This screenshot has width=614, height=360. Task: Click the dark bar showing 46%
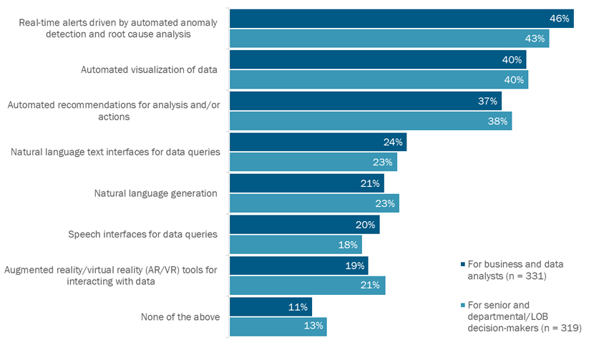click(x=401, y=19)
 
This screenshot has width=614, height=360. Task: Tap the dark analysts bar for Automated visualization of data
click(x=377, y=59)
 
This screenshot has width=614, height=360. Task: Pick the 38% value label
click(x=497, y=121)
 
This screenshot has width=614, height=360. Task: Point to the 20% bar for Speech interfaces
click(x=304, y=224)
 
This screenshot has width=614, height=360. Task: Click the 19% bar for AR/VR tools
click(x=298, y=265)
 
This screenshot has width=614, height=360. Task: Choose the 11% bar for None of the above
click(x=271, y=306)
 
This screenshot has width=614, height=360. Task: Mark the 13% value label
click(x=314, y=326)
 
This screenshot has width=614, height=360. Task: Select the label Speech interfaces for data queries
click(x=142, y=234)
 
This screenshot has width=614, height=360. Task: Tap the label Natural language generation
click(x=155, y=193)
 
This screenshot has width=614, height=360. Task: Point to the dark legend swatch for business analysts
click(x=463, y=264)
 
